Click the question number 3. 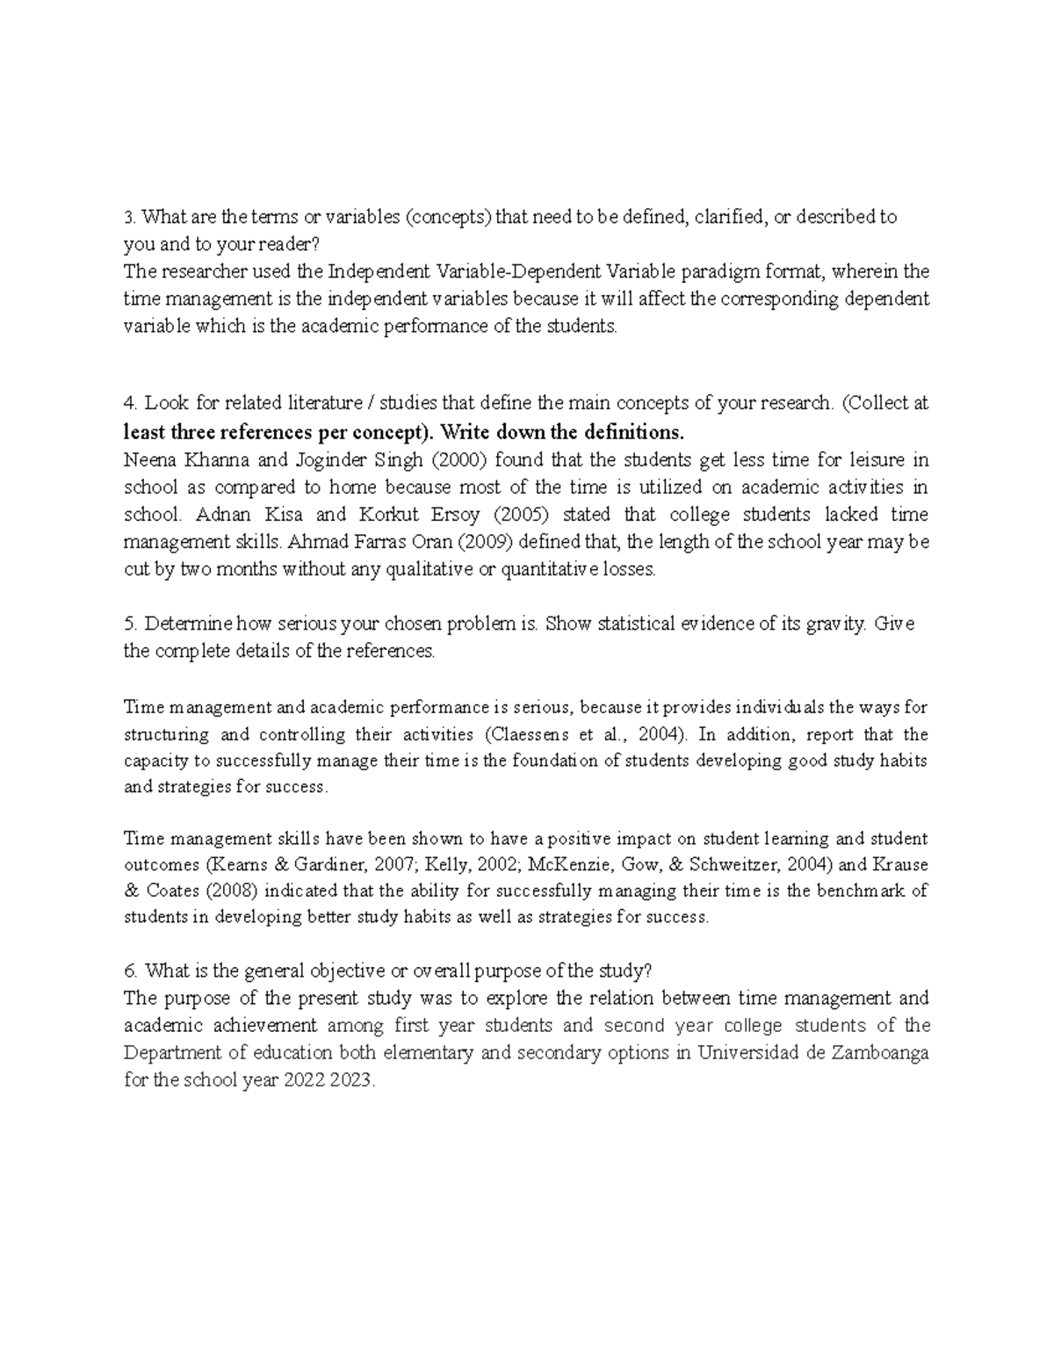point(129,217)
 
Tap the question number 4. point(130,403)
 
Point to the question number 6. point(130,971)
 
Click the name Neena point(150,460)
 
